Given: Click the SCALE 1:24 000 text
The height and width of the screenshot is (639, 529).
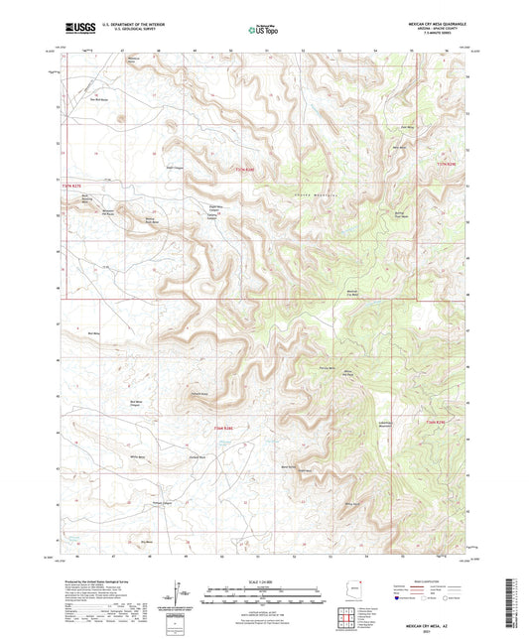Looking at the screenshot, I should click(264, 581).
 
